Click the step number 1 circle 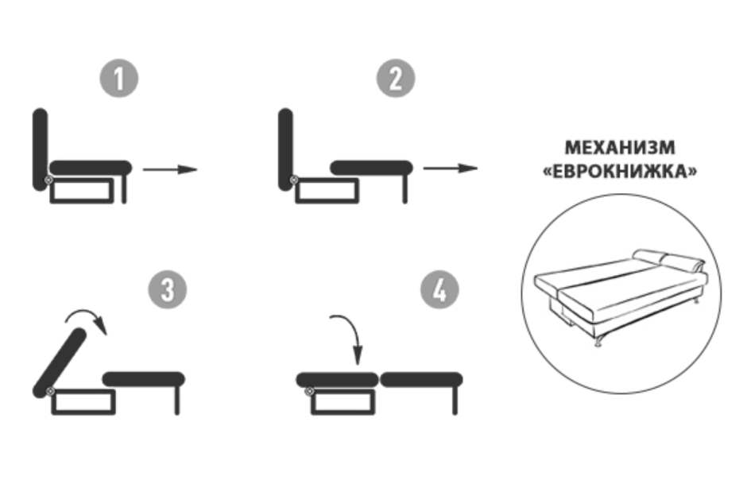coord(118,78)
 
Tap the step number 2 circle coord(396,78)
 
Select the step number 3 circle coord(168,290)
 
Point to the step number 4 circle coord(439,290)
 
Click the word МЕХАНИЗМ coord(620,148)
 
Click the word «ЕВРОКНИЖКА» coord(620,172)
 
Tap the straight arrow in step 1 coord(170,169)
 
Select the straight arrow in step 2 coord(451,169)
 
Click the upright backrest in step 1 coord(41,149)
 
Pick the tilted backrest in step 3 coord(60,362)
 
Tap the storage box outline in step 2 coord(327,191)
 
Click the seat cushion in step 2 coord(371,169)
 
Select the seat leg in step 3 coord(177,401)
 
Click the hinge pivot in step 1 coord(48,180)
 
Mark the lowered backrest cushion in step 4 coord(337,380)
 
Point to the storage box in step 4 coord(343,401)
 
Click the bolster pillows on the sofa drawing coord(669,260)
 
